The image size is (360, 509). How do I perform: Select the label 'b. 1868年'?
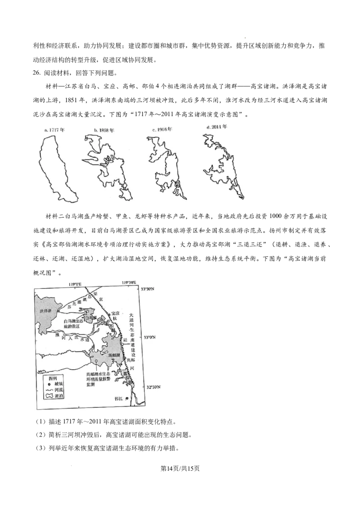(x=104, y=129)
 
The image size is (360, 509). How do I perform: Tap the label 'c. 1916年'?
(x=162, y=129)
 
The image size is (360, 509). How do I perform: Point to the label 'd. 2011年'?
(x=217, y=127)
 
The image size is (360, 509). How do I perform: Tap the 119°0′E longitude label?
(x=75, y=283)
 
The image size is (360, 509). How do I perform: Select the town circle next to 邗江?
(x=126, y=398)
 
